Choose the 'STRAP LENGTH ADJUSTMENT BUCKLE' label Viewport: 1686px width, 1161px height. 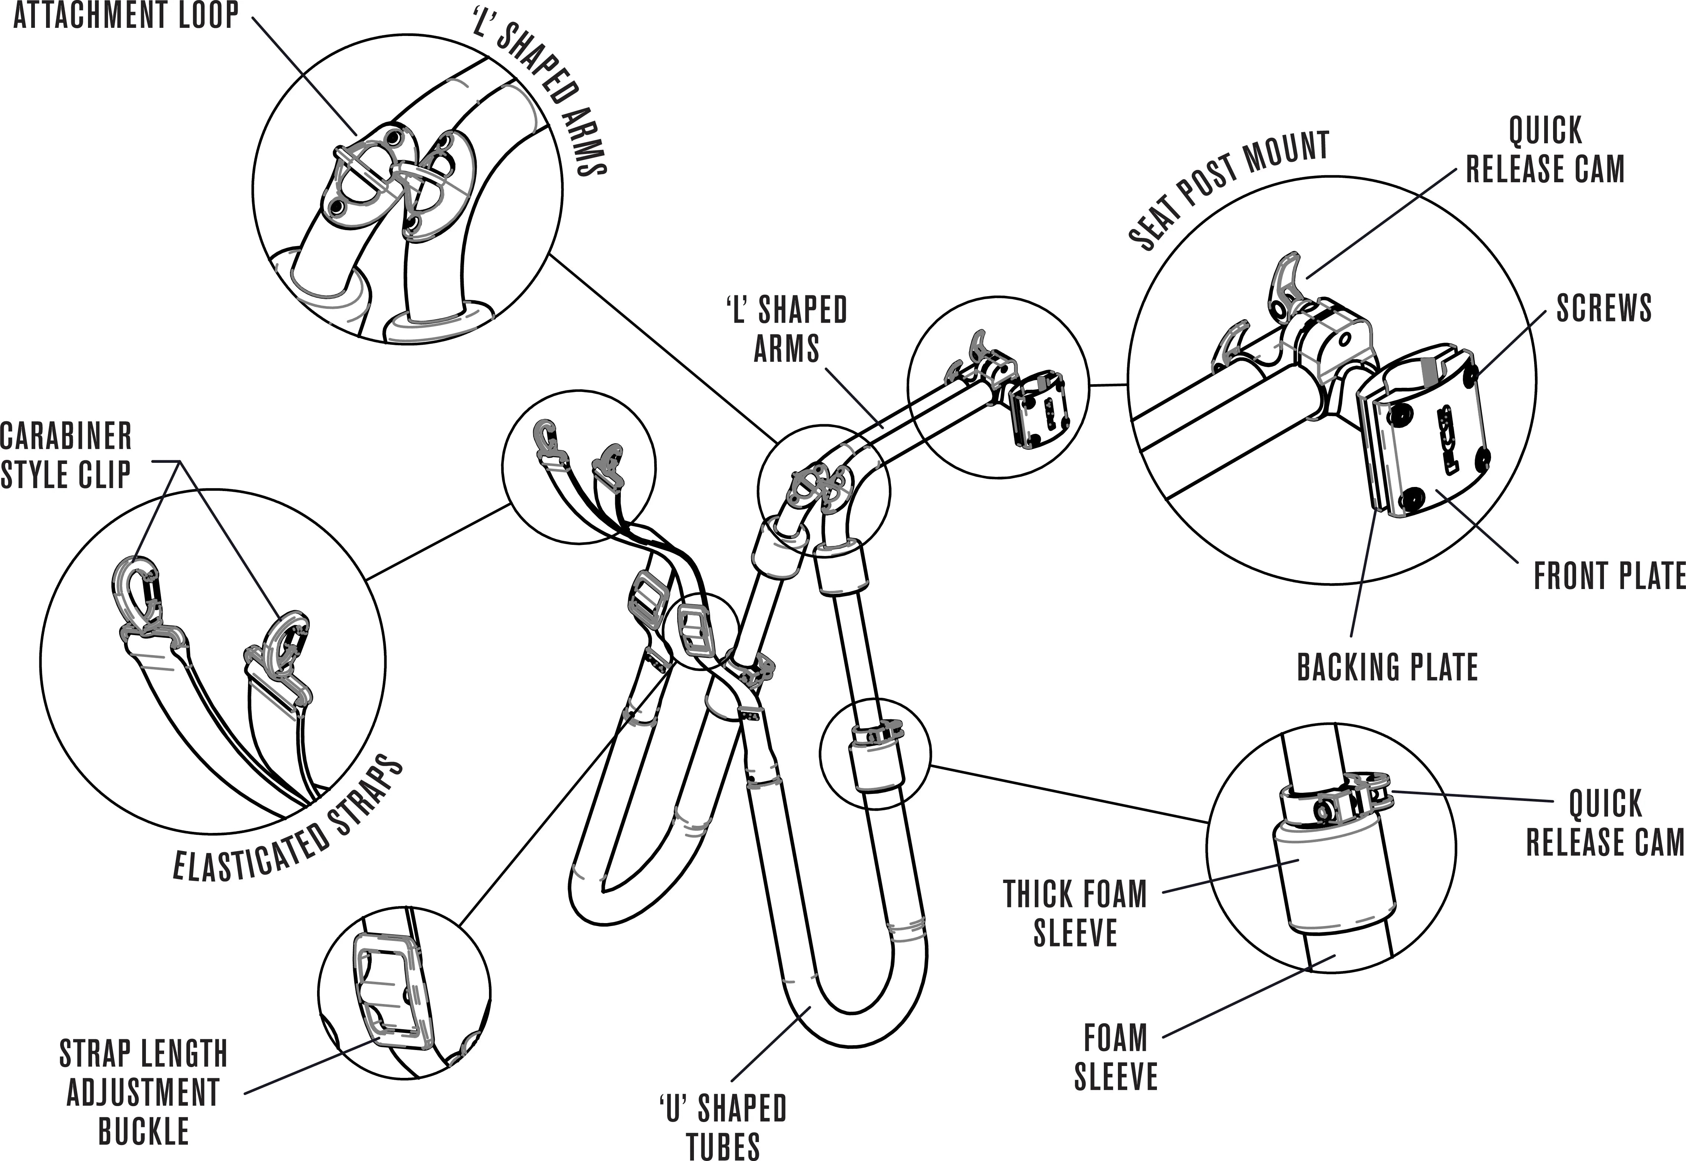pos(143,1093)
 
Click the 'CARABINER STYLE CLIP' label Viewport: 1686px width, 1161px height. pos(65,456)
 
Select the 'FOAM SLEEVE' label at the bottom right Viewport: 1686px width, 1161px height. pos(1115,1057)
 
